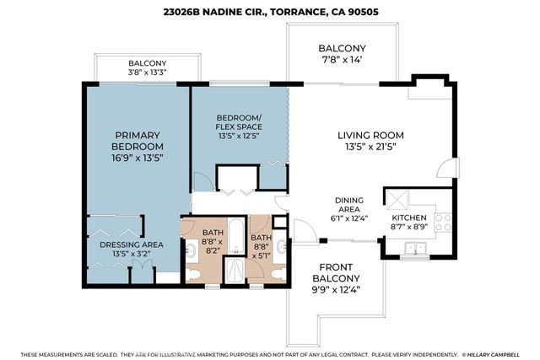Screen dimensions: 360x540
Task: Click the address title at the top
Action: click(x=269, y=13)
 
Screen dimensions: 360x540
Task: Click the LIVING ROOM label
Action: click(x=371, y=135)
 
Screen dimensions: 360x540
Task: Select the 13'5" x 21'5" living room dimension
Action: click(x=371, y=148)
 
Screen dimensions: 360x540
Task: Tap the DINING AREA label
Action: click(x=348, y=205)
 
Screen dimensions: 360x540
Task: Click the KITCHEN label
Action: click(x=410, y=218)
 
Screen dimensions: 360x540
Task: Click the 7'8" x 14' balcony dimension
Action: click(x=342, y=61)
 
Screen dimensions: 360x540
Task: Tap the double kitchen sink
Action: click(x=414, y=248)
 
